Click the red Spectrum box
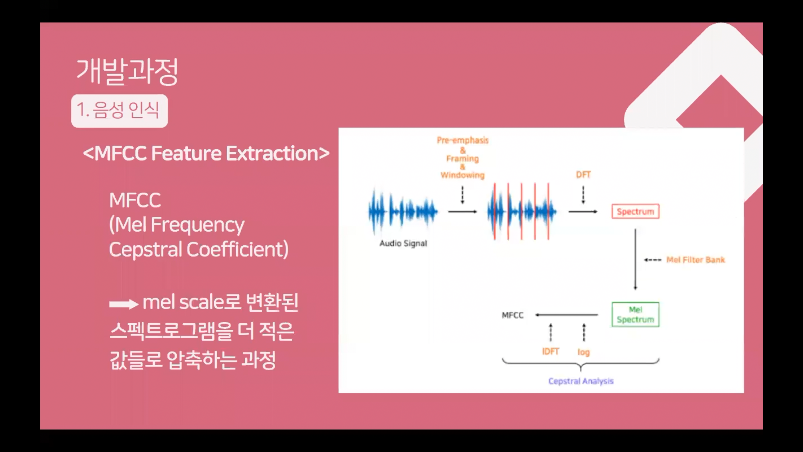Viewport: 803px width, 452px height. [635, 212]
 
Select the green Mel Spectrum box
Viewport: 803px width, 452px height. [635, 315]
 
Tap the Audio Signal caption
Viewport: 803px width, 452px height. [403, 243]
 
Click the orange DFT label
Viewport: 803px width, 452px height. [583, 175]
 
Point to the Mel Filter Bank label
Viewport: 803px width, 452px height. [696, 260]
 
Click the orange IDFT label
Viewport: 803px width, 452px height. [551, 352]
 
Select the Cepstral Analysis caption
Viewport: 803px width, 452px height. [581, 381]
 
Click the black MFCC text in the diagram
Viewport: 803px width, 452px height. [513, 315]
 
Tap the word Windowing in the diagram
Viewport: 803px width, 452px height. [463, 175]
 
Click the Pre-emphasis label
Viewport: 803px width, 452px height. [463, 140]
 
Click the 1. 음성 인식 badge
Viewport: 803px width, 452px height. [119, 111]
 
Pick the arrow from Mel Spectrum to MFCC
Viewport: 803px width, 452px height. [566, 315]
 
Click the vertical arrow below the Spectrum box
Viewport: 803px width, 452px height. [635, 259]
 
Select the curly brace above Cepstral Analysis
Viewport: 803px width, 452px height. [581, 364]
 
